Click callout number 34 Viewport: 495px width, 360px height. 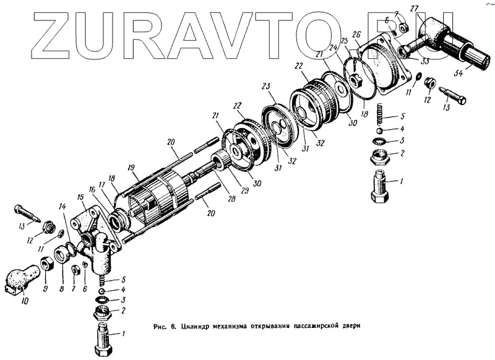(x=458, y=74)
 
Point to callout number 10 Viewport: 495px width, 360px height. (x=25, y=302)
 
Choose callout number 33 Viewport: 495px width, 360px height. (x=424, y=61)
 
